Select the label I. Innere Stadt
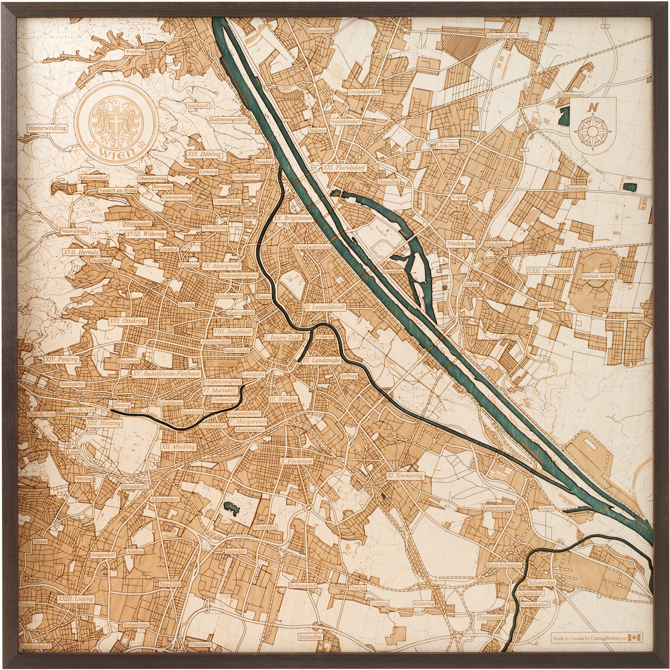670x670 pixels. tap(283, 337)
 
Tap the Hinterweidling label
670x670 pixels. tap(48, 128)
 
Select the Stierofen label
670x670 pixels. tap(310, 637)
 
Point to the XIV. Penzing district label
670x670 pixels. tap(62, 359)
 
